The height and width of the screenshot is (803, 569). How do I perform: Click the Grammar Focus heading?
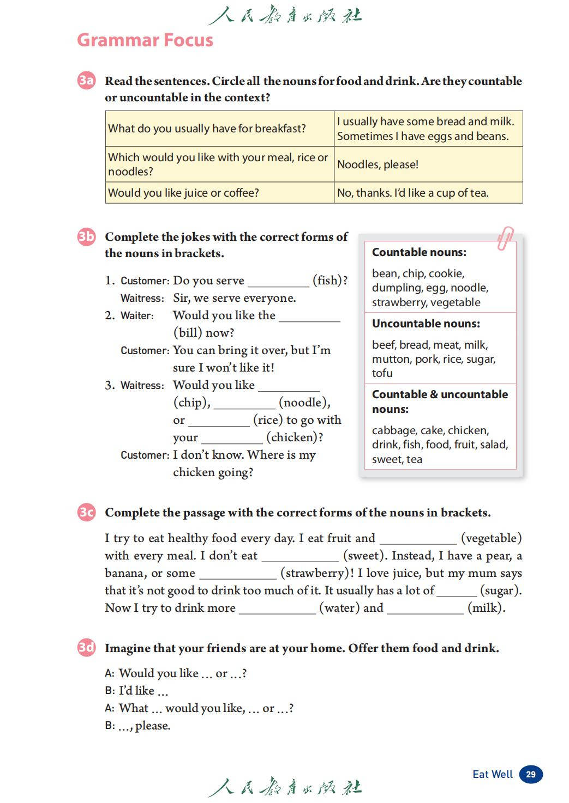[145, 40]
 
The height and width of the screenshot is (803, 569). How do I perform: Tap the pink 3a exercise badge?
[86, 81]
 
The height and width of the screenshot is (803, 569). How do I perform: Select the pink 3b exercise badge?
[86, 236]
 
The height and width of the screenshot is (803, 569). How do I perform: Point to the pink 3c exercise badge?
[86, 512]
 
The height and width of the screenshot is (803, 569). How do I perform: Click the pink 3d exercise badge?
[86, 648]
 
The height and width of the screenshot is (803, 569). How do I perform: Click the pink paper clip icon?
[505, 238]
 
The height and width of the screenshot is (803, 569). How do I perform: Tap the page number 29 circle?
[531, 774]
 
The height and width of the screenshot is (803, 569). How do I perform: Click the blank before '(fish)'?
[278, 282]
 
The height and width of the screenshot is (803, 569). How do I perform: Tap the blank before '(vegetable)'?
[418, 540]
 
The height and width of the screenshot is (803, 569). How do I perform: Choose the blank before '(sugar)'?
[457, 592]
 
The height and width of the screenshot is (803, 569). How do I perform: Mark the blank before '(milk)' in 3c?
[426, 610]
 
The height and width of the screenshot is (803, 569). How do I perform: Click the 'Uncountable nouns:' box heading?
[426, 324]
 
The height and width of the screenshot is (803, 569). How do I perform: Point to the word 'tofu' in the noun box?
[382, 373]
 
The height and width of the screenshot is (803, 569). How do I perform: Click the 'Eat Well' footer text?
[493, 774]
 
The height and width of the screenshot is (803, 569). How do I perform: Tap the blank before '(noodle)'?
[244, 404]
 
